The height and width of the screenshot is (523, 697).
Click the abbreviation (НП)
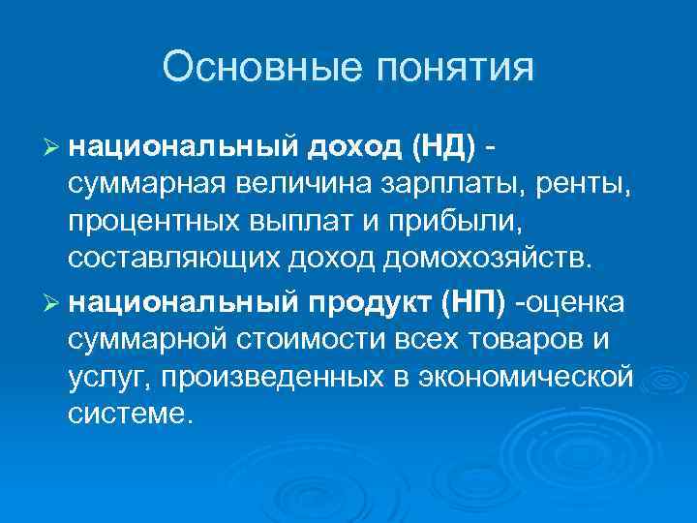[471, 303]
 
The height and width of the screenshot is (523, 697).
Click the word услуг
[106, 374]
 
